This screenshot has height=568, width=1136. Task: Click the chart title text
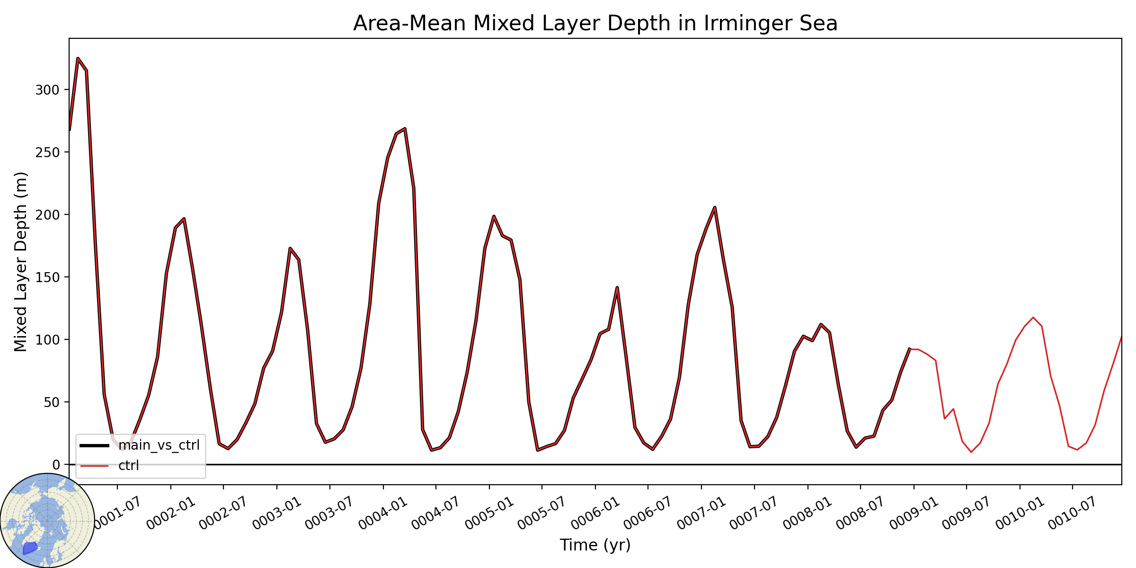click(595, 24)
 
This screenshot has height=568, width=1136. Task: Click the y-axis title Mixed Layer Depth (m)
click(21, 262)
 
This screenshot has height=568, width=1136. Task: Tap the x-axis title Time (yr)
click(595, 545)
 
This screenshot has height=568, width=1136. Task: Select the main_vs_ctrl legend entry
click(140, 445)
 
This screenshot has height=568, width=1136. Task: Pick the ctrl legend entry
click(110, 466)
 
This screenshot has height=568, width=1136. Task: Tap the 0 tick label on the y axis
click(56, 465)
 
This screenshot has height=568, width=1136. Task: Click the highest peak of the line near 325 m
click(78, 58)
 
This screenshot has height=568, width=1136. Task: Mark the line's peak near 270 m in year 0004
click(405, 128)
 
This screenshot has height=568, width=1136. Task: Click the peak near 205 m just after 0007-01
click(715, 207)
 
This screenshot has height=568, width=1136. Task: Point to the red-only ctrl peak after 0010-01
click(1033, 318)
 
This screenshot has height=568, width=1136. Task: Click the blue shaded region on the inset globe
click(30, 548)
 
